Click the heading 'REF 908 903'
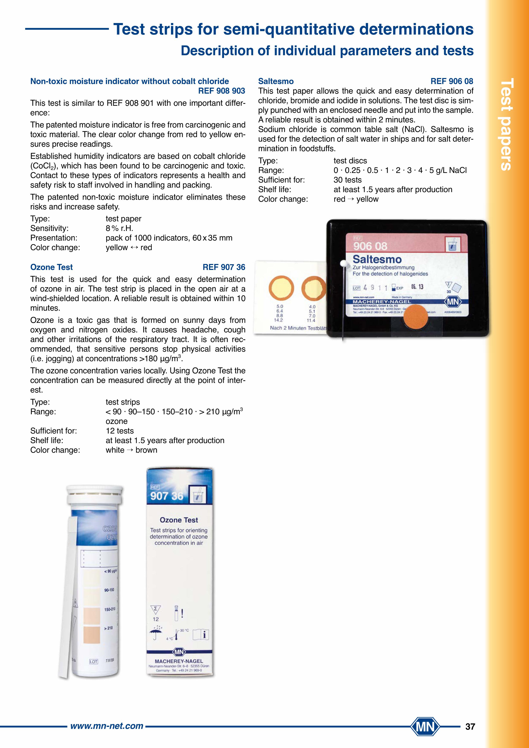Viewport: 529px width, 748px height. pyautogui.click(x=222, y=91)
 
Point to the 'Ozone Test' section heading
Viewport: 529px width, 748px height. pyautogui.click(x=51, y=267)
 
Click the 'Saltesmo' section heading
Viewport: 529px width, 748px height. pyautogui.click(x=276, y=81)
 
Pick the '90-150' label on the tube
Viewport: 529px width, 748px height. pyautogui.click(x=109, y=590)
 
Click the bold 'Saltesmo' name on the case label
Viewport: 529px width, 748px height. pyautogui.click(x=377, y=259)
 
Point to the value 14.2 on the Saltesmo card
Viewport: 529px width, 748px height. pyautogui.click(x=278, y=320)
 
